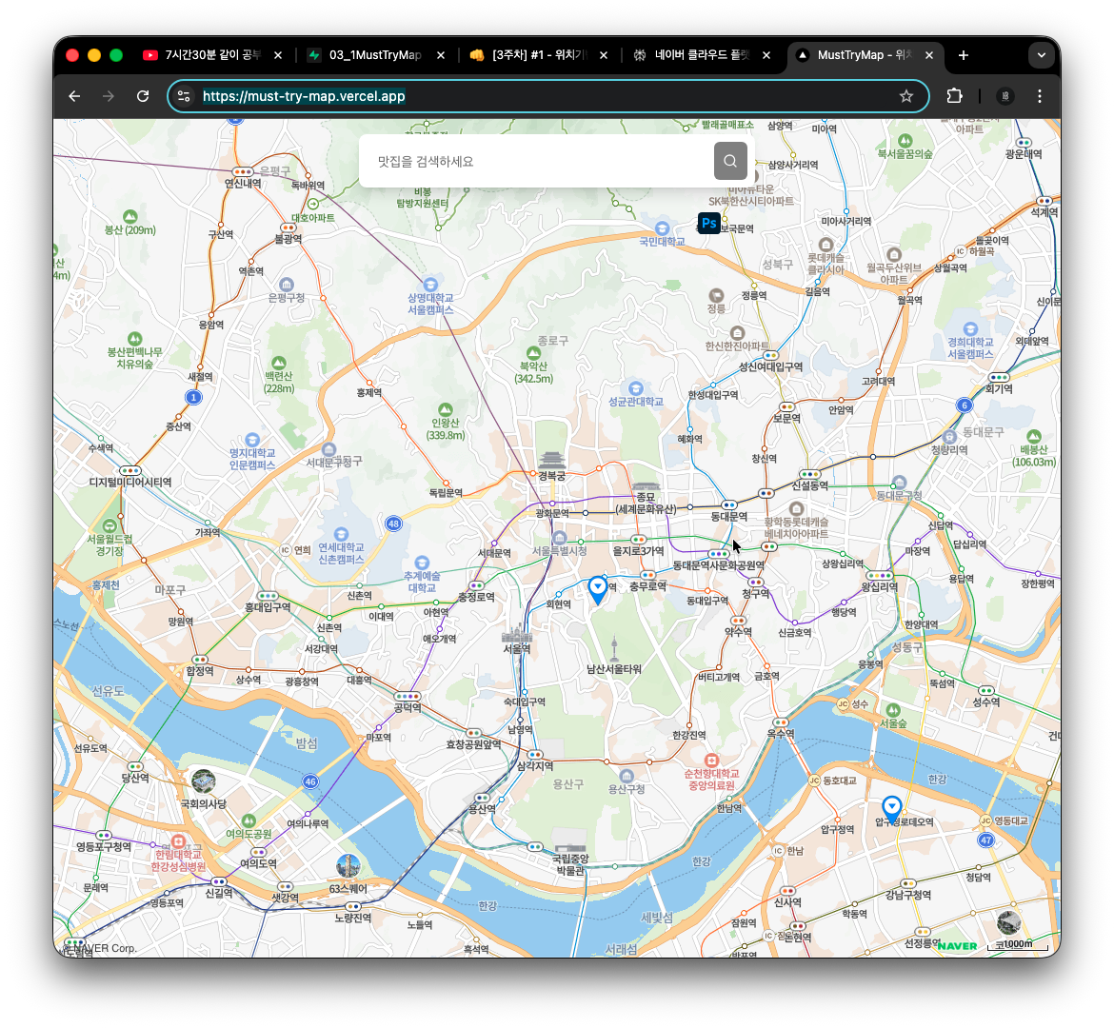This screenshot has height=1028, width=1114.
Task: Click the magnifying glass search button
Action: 730,161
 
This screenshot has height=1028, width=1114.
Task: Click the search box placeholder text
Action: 426,162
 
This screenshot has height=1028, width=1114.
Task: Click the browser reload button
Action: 143,96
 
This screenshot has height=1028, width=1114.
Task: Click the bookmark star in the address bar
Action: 906,96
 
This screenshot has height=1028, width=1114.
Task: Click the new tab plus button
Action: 964,55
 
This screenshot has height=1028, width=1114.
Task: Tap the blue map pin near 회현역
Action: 598,589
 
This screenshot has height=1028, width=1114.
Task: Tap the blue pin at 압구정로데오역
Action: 891,808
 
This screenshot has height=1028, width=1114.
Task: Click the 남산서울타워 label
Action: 614,669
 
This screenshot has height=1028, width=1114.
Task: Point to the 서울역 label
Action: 516,648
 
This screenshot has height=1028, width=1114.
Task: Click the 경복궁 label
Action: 552,475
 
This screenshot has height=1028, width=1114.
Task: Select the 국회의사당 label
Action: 204,804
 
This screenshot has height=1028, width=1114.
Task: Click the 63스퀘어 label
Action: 348,889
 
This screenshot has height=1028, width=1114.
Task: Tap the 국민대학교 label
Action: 662,242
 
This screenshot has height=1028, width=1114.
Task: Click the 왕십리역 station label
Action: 880,587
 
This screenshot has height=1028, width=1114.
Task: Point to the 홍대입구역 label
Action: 268,607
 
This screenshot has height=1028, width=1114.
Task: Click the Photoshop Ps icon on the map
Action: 708,224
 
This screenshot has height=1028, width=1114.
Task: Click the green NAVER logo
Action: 957,945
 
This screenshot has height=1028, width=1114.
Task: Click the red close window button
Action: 72,55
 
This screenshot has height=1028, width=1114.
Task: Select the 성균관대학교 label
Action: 636,402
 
